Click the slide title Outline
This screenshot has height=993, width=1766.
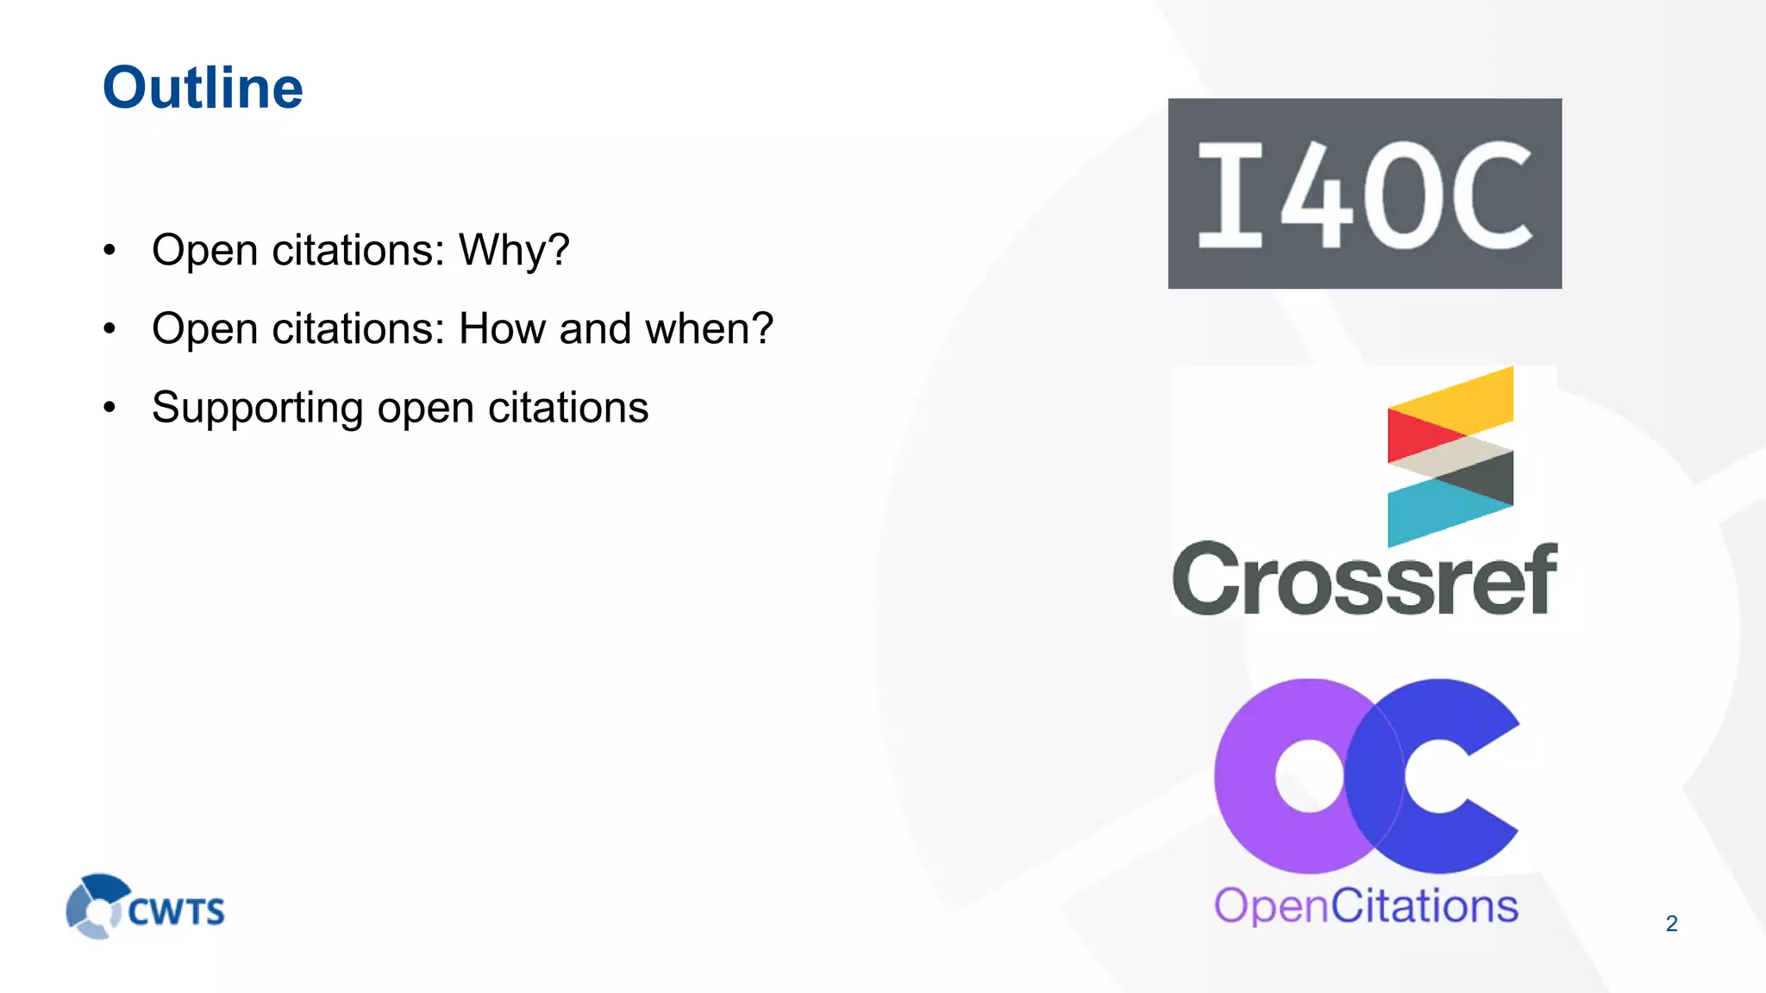pos(203,88)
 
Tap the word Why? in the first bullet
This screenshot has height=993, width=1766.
pos(514,250)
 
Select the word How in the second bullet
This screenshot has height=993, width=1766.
pos(502,328)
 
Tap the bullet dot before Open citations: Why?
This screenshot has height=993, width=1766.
pos(110,251)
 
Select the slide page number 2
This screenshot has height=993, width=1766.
pos(1671,923)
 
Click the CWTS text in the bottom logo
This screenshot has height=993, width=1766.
pos(177,912)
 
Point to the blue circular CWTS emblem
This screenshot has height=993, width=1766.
pos(95,905)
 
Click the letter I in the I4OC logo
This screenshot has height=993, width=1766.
pos(1231,195)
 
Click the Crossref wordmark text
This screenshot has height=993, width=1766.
pos(1364,580)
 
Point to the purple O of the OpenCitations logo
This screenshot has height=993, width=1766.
pos(1268,776)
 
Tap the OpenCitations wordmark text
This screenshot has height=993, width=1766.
pos(1366,906)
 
